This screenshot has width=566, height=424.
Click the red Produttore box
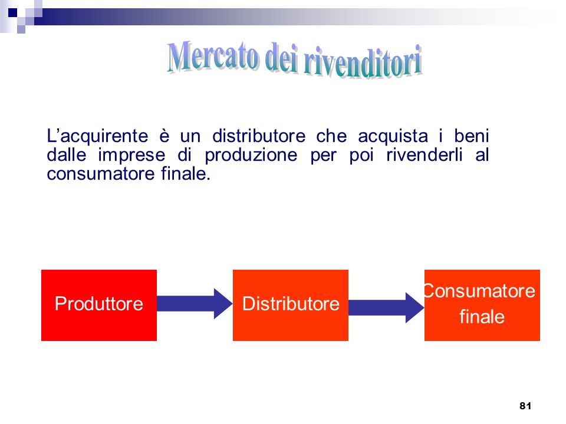pyautogui.click(x=99, y=305)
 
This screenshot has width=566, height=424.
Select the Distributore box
pyautogui.click(x=291, y=305)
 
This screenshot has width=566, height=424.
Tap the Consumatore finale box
pyautogui.click(x=482, y=305)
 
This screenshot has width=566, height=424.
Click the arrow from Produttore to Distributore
pyautogui.click(x=195, y=304)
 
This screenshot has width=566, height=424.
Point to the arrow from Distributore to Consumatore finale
pyautogui.click(x=386, y=307)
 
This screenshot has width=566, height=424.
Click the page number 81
pyautogui.click(x=525, y=406)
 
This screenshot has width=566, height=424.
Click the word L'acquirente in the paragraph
pyautogui.click(x=97, y=137)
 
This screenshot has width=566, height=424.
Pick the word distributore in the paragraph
pyautogui.click(x=259, y=136)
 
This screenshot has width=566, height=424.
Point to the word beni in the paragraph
pyautogui.click(x=472, y=136)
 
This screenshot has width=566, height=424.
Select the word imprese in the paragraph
pyautogui.click(x=131, y=155)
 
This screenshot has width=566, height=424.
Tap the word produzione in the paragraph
pyautogui.click(x=251, y=155)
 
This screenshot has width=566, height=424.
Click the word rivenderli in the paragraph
pyautogui.click(x=424, y=155)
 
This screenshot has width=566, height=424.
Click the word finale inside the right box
pyautogui.click(x=482, y=317)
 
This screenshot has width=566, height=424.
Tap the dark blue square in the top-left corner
pyautogui.click(x=12, y=13)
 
